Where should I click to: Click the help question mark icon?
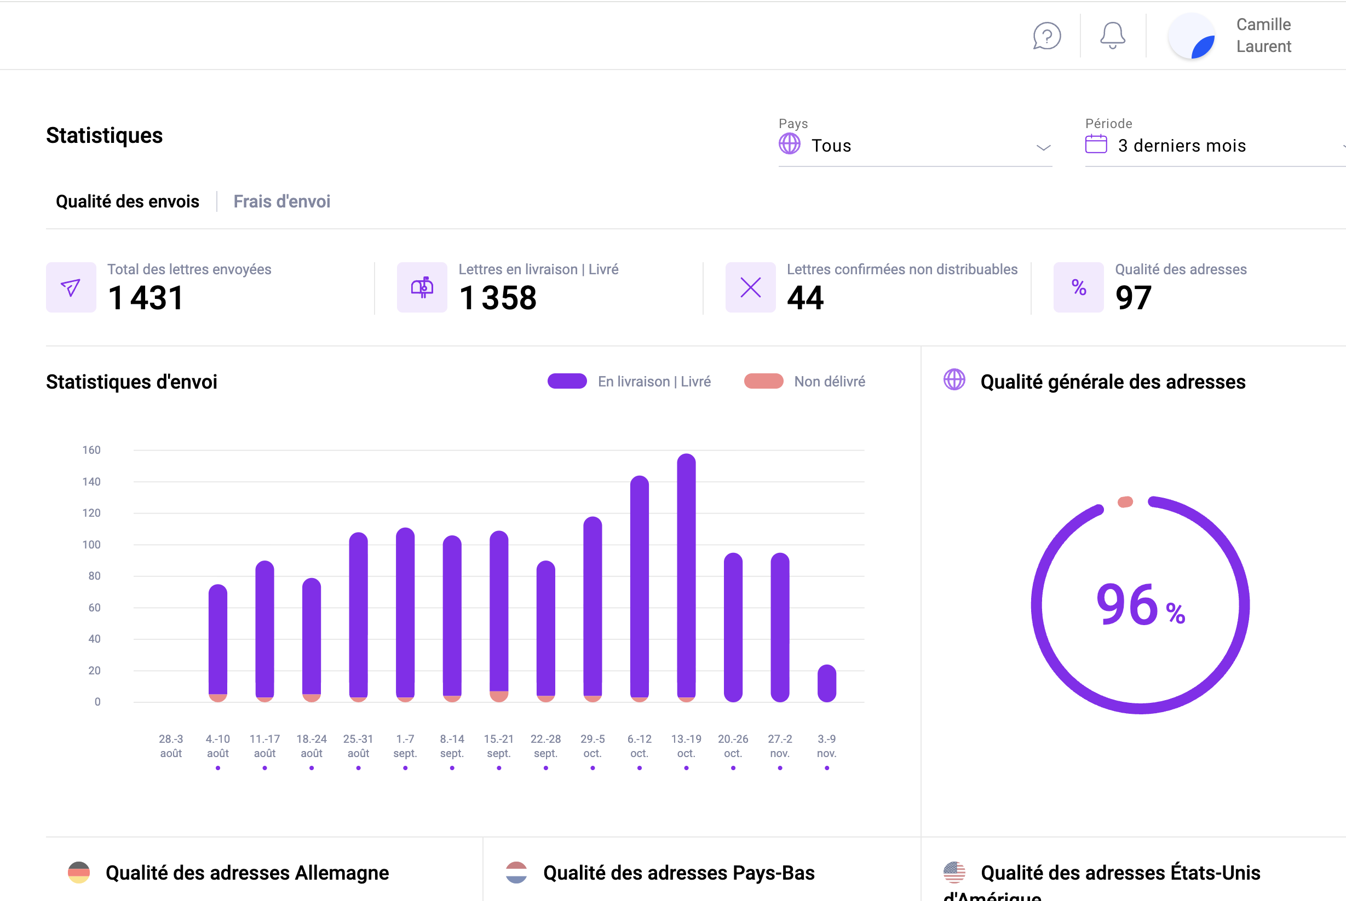tap(1046, 36)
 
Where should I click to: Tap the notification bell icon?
tap(1112, 36)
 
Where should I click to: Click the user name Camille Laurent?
tap(1263, 36)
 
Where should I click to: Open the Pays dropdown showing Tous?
tap(914, 146)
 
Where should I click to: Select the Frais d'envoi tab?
tap(281, 201)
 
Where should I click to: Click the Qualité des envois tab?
tap(128, 201)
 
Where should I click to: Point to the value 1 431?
tap(146, 298)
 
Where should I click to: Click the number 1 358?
tap(498, 298)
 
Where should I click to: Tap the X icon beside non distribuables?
tap(750, 287)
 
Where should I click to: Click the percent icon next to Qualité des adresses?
tap(1078, 287)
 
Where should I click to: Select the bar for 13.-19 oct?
tap(686, 575)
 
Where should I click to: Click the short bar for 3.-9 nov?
tap(826, 683)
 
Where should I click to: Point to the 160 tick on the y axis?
tap(91, 450)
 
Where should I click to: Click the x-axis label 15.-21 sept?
tap(498, 746)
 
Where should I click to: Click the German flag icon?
tap(79, 873)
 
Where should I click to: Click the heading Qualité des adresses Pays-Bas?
tap(678, 873)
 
